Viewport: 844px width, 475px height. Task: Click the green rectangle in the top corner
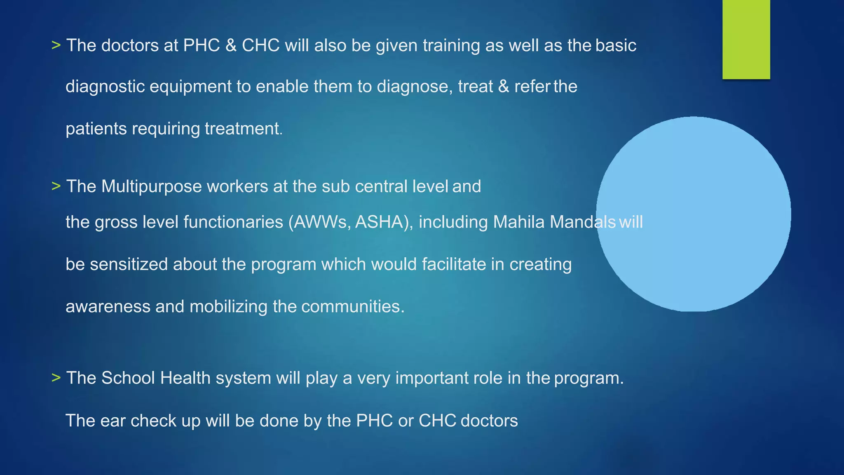coord(746,39)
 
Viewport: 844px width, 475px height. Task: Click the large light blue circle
coord(694,214)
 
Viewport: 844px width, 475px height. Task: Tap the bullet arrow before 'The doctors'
coord(56,45)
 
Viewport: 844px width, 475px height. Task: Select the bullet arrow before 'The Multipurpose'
coord(56,186)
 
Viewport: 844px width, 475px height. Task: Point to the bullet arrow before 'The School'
coord(56,378)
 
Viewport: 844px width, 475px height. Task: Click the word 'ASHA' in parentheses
coord(381,222)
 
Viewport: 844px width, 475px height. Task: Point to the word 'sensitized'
coord(129,264)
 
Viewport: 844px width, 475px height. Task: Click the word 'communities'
coord(351,307)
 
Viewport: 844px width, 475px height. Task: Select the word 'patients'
coord(96,129)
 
